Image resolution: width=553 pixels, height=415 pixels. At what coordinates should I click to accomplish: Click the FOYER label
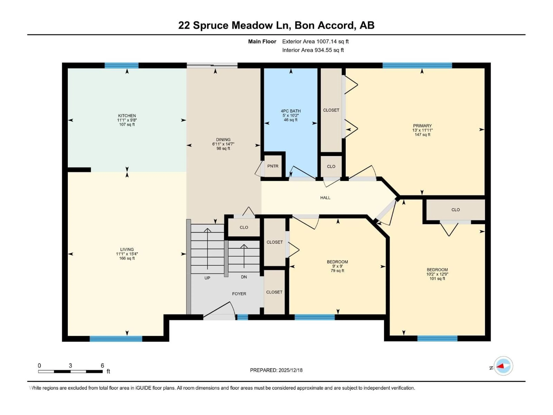click(x=239, y=294)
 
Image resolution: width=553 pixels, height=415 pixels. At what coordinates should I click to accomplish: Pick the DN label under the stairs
click(x=244, y=277)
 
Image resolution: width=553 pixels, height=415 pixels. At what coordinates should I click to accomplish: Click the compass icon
click(x=503, y=366)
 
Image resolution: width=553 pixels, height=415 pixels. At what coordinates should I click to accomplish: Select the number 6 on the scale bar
click(x=102, y=365)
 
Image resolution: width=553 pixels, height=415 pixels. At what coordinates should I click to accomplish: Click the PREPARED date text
click(x=276, y=370)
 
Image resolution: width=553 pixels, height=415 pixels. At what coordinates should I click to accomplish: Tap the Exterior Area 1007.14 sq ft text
click(x=315, y=41)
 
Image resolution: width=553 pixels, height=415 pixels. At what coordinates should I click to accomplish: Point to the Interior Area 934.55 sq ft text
click(x=313, y=50)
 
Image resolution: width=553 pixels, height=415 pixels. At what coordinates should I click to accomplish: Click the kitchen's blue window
click(x=122, y=66)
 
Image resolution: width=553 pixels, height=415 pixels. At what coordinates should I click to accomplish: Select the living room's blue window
click(x=116, y=339)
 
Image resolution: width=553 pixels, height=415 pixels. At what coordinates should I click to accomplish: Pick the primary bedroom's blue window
click(x=417, y=66)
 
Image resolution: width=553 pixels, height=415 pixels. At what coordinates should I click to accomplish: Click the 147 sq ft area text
click(x=422, y=135)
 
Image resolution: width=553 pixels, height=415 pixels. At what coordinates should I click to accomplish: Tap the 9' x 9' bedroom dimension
click(x=337, y=266)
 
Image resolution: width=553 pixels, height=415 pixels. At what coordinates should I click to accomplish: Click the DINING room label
click(x=223, y=140)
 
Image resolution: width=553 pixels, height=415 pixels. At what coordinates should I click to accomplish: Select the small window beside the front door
click(x=242, y=317)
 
